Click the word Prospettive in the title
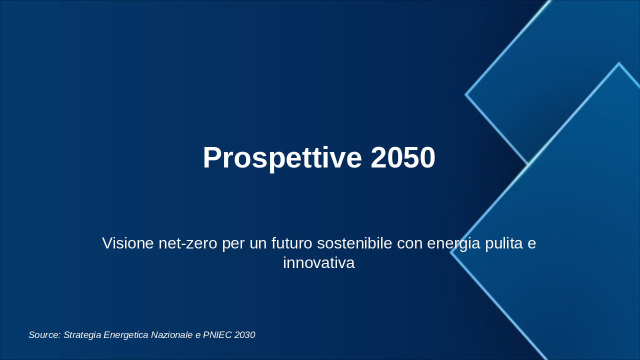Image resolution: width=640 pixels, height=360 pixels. [282, 158]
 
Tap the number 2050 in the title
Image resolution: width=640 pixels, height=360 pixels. [403, 157]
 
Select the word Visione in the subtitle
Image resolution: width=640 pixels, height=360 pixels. [128, 243]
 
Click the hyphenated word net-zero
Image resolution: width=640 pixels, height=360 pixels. [188, 243]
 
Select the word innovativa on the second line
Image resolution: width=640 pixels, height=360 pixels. [319, 262]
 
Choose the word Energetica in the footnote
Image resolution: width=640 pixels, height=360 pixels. [126, 335]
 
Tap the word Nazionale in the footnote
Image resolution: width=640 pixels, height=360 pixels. [171, 335]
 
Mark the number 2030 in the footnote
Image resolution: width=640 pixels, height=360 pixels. [245, 335]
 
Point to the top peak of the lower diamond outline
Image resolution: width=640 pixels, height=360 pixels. [619, 63]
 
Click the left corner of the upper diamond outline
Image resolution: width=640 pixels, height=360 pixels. [465, 94]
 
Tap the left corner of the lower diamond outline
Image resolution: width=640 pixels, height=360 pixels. [451, 252]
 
